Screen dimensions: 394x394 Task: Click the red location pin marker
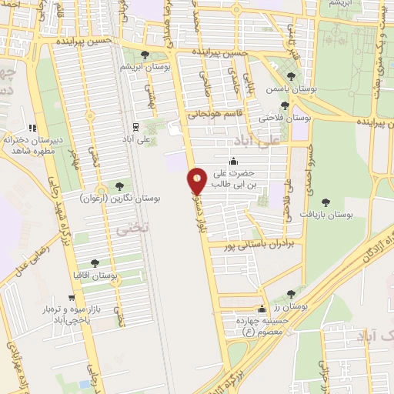[x=198, y=182]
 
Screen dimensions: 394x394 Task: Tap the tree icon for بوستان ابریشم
[x=145, y=54]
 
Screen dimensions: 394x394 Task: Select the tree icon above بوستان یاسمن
[x=291, y=76]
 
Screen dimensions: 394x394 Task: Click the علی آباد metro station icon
[x=135, y=127]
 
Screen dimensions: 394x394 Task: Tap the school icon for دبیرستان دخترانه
[x=32, y=129]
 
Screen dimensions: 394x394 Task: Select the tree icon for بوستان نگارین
[x=119, y=185]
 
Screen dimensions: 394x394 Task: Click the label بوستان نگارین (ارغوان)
[x=120, y=199]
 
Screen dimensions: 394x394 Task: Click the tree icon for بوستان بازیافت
[x=325, y=202]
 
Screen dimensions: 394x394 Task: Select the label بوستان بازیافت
[x=327, y=215]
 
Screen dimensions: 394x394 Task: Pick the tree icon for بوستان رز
[x=290, y=293]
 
